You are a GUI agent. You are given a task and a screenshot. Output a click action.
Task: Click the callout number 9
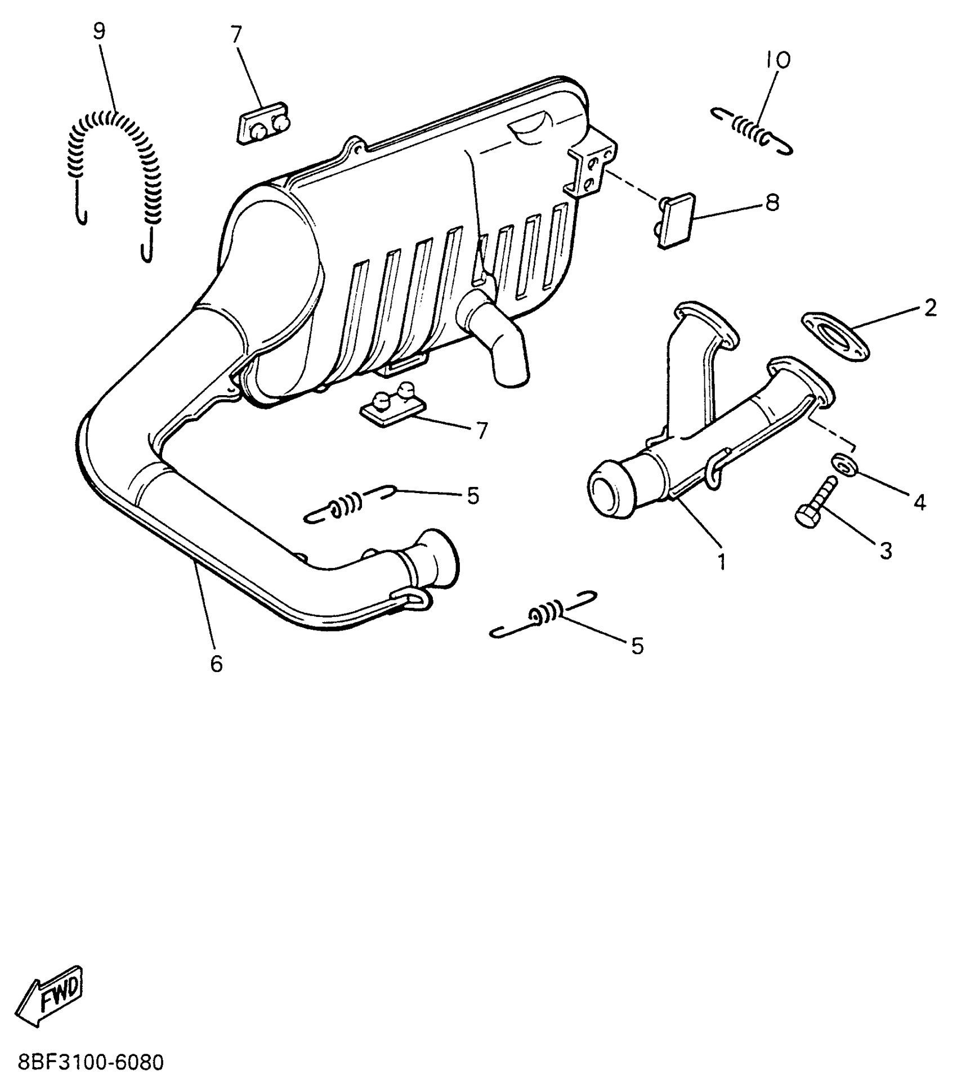[99, 32]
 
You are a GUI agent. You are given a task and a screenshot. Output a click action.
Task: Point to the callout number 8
[772, 203]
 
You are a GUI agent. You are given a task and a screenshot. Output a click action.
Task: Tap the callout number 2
[929, 308]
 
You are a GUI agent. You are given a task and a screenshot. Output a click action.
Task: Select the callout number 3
[886, 551]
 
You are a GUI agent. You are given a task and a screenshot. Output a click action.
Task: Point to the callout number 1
[722, 561]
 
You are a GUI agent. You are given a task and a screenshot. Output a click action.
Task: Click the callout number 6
[217, 664]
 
